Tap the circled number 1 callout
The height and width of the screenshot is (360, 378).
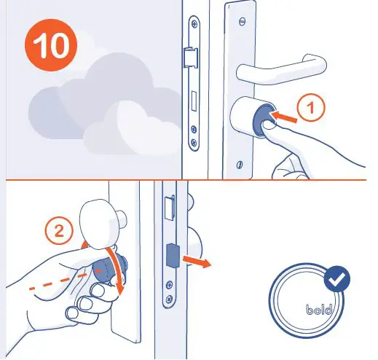pyautogui.click(x=311, y=108)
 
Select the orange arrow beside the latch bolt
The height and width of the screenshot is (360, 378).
pyautogui.click(x=196, y=261)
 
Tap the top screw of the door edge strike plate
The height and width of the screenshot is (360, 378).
pyautogui.click(x=193, y=30)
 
